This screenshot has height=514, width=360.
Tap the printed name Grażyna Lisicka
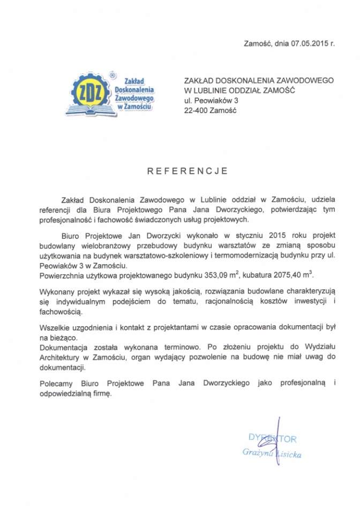pos(272,453)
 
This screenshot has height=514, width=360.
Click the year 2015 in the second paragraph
pos(274,235)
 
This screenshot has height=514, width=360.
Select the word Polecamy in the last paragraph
pos(56,383)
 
